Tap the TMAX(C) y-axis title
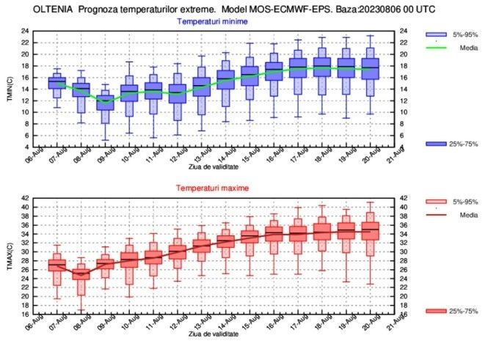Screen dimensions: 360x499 click(x=10, y=256)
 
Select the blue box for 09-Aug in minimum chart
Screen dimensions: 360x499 click(x=106, y=103)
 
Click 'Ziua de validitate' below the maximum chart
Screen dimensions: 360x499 click(x=213, y=334)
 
